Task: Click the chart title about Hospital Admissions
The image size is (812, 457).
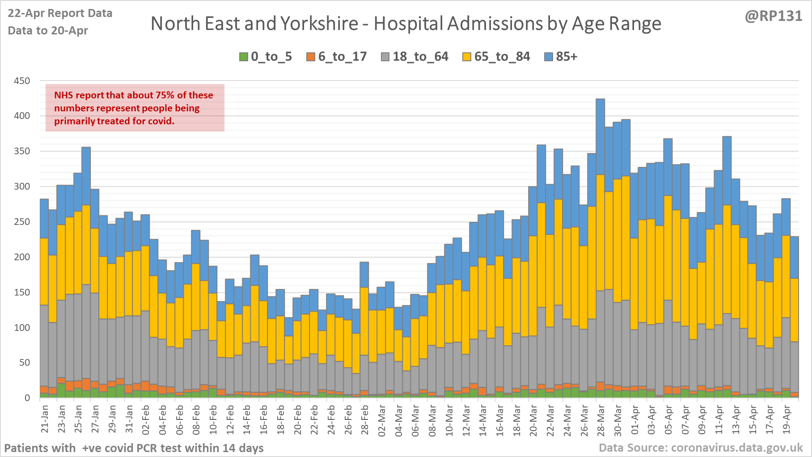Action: point(406,24)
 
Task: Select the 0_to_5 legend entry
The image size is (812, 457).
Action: point(266,57)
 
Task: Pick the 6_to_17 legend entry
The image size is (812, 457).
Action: point(336,57)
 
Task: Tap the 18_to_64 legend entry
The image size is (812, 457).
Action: point(414,57)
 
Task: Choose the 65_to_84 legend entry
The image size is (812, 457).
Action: point(496,57)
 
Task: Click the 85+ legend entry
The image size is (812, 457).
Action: point(561,57)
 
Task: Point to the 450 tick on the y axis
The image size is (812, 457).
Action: point(22,81)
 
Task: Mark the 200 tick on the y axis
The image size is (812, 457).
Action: point(22,257)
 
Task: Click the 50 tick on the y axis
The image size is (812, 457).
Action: point(25,363)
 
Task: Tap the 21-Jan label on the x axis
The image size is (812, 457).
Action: point(45,419)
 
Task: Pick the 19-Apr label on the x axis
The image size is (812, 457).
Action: point(786,419)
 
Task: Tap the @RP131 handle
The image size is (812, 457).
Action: point(774,16)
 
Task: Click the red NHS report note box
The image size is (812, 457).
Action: point(135,108)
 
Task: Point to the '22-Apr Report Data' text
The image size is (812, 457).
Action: point(60,13)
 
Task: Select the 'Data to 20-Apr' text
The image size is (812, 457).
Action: point(48,31)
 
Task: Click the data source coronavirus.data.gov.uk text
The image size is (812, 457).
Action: point(701,448)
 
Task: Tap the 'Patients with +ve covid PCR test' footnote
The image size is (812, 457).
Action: point(134,448)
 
